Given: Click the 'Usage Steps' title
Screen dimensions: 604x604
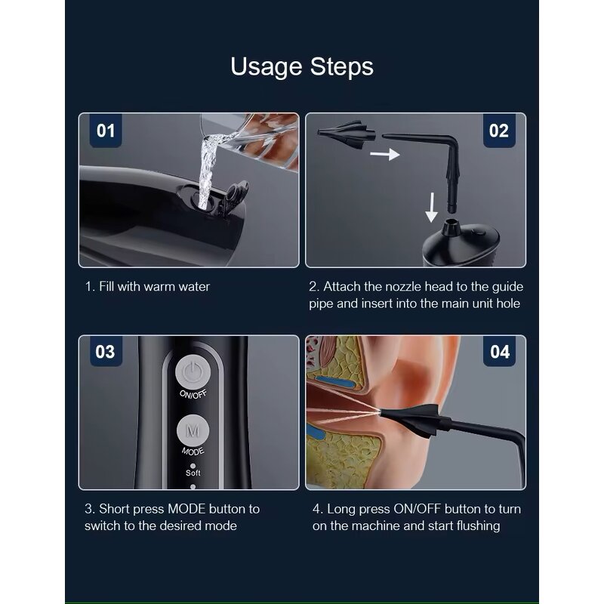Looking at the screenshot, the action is point(302,67).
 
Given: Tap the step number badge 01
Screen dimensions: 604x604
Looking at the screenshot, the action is point(106,131).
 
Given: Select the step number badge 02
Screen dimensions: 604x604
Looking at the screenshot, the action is point(499,131).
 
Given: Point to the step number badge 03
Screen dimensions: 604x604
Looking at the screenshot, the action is point(106,351).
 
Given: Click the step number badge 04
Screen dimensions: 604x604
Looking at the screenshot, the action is point(499,351).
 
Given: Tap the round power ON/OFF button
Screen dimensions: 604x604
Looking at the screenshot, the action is point(193,371).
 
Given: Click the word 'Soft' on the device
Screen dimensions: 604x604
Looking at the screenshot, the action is point(193,473).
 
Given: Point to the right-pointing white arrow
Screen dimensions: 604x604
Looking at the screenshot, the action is point(384,154).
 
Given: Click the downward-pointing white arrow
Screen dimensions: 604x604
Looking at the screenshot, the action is point(431,207).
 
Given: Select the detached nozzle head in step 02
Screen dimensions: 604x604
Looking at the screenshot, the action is point(346,134).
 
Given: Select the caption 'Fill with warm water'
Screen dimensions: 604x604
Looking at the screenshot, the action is point(155,287).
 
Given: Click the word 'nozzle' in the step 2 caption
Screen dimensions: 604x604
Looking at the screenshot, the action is point(405,287).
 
